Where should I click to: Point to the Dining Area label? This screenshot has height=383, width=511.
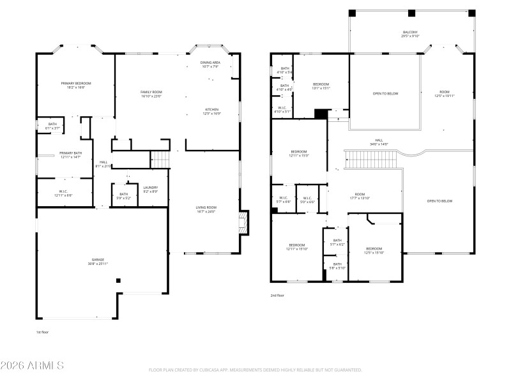click(x=210, y=64)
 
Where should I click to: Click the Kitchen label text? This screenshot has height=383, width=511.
click(x=212, y=111)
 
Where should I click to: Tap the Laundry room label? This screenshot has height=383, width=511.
click(x=151, y=190)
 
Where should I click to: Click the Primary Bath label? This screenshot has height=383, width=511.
click(x=70, y=155)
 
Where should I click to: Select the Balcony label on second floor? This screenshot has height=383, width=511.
click(x=410, y=34)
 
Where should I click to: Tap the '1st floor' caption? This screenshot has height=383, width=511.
click(x=42, y=333)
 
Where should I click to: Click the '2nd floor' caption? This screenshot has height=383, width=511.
click(x=277, y=296)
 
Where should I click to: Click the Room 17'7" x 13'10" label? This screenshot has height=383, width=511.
click(x=360, y=197)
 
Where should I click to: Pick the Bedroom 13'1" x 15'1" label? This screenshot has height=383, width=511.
click(x=321, y=86)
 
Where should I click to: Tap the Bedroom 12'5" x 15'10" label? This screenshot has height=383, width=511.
click(x=374, y=250)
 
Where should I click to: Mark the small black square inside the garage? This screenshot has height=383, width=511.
click(x=118, y=280)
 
